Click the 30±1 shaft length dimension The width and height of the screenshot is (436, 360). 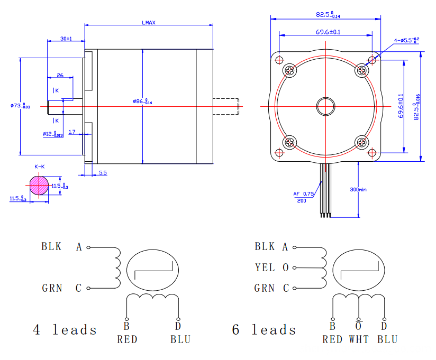pyautogui.click(x=66, y=39)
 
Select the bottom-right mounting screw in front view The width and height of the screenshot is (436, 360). pyautogui.click(x=362, y=142)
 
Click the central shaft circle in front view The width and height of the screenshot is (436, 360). pyautogui.click(x=325, y=106)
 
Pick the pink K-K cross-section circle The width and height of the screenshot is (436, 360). pyautogui.click(x=39, y=186)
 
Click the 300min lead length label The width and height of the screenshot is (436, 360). pyautogui.click(x=358, y=189)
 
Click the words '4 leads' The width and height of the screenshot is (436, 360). pyautogui.click(x=65, y=330)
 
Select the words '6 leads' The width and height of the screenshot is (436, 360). pyautogui.click(x=264, y=330)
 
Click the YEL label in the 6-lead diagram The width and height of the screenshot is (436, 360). pyautogui.click(x=265, y=267)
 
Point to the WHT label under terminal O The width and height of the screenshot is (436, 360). pyautogui.click(x=359, y=339)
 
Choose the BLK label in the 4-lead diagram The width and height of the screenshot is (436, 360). pyautogui.click(x=51, y=247)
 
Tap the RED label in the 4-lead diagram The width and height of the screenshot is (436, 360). pyautogui.click(x=127, y=339)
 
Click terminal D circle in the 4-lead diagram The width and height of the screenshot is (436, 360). pyautogui.click(x=178, y=319)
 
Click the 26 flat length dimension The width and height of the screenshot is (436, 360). pyautogui.click(x=60, y=76)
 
